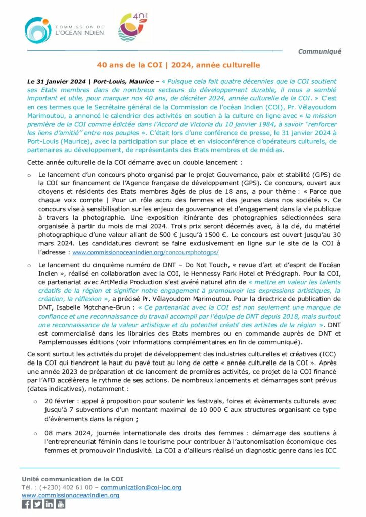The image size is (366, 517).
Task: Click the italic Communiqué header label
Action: (x=319, y=51)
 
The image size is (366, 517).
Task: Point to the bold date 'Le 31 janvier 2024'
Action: (x=56, y=81)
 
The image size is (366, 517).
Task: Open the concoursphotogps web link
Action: (x=146, y=252)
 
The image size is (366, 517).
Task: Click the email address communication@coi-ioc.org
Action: (x=141, y=487)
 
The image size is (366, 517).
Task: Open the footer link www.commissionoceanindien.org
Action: (x=70, y=495)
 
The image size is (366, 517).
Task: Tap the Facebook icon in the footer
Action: (x=26, y=504)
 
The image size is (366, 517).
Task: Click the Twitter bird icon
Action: (x=38, y=504)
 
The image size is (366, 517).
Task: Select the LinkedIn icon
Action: (x=49, y=504)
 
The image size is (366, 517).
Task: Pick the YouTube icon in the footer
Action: (x=61, y=504)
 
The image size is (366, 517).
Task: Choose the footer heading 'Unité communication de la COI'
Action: (x=72, y=479)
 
